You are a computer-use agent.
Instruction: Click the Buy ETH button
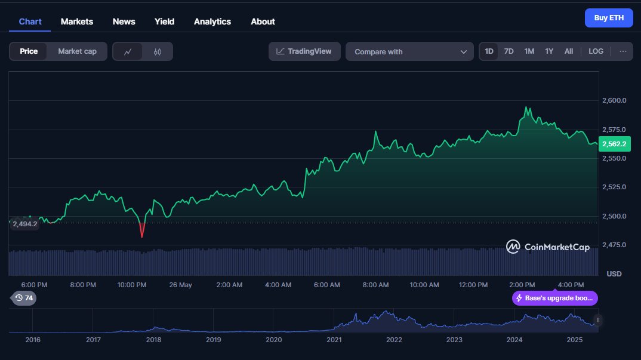[x=608, y=18]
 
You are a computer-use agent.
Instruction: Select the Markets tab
[x=77, y=21]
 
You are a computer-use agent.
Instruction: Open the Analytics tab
[x=212, y=21]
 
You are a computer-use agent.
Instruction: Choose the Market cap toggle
[x=77, y=51]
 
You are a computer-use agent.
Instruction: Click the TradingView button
[x=304, y=51]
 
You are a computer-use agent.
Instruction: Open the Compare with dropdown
[x=409, y=52]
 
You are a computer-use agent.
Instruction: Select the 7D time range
[x=509, y=51]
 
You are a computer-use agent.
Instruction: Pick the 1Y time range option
[x=549, y=51]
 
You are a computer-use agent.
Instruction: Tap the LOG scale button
[x=596, y=51]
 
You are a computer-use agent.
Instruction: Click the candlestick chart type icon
[x=158, y=52]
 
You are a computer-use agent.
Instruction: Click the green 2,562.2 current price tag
[x=614, y=144]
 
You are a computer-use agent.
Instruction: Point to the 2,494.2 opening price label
[x=24, y=224]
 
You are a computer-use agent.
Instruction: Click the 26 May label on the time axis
[x=180, y=285]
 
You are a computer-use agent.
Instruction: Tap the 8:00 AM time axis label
[x=375, y=285]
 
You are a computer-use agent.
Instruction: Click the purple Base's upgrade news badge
[x=554, y=298]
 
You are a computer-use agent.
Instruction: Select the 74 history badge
[x=24, y=298]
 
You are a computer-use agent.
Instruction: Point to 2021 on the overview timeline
[x=334, y=340]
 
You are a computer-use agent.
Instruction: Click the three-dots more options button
[x=622, y=51]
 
